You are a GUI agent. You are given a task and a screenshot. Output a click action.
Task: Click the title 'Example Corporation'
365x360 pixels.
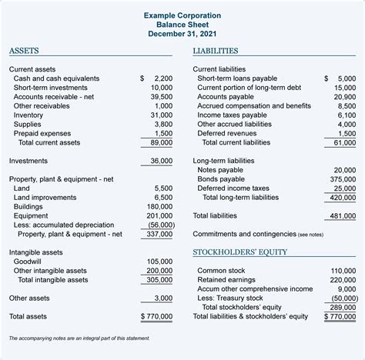pos(182,15)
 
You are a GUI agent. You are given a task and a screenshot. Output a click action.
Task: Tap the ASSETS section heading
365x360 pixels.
pos(26,52)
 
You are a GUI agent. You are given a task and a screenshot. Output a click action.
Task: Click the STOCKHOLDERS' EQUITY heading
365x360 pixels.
pos(239,252)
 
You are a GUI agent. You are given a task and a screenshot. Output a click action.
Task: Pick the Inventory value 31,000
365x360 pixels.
pos(159,115)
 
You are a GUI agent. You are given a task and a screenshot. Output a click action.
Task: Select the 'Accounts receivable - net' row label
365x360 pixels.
pos(53,97)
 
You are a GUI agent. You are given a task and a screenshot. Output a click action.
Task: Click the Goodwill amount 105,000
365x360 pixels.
pos(158,262)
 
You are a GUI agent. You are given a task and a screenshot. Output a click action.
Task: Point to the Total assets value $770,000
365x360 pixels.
pos(157,316)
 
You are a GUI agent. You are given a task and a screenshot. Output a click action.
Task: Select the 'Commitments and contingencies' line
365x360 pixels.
pos(258,234)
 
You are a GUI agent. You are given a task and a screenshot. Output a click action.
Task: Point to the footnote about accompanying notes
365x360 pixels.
pos(79,338)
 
